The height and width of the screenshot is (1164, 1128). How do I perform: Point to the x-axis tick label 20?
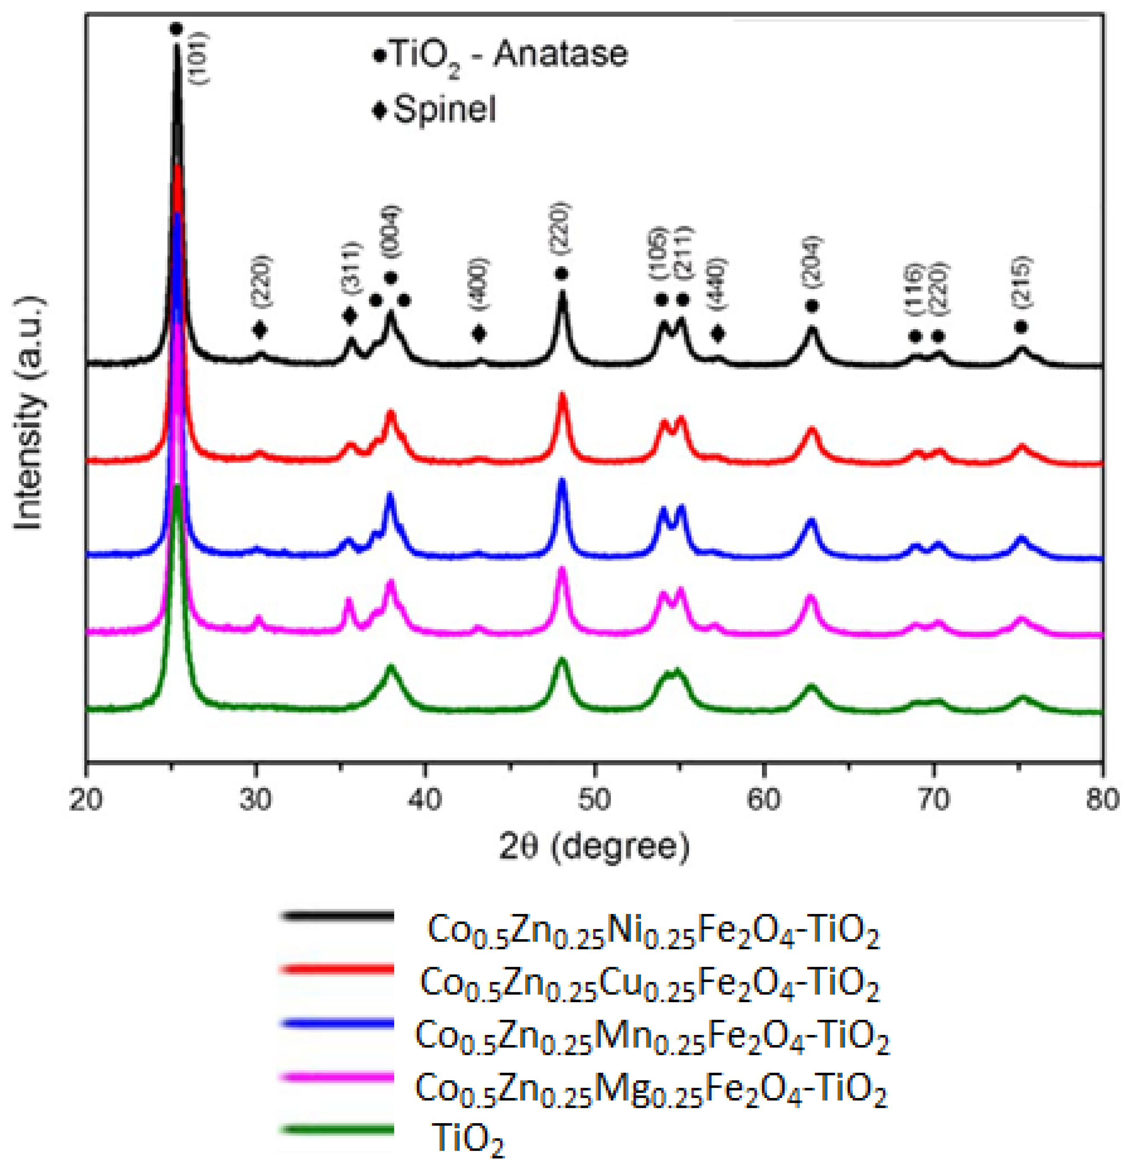pos(87,800)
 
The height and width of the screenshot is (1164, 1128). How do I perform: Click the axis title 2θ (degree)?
pos(594,848)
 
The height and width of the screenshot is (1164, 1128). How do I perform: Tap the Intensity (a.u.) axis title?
pos(30,413)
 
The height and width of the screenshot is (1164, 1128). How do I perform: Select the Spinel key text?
pos(444,110)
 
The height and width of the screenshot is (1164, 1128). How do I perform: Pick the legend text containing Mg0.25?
pos(650,1088)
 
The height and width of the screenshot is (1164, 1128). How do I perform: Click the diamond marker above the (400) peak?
pos(478,334)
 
